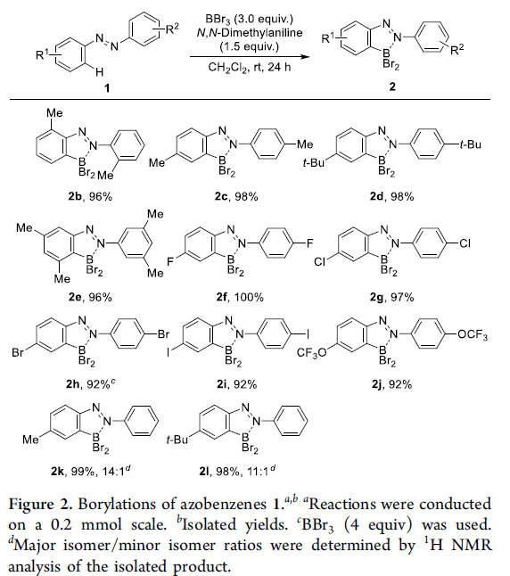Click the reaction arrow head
tap(304, 56)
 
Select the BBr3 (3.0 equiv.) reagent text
tap(249, 19)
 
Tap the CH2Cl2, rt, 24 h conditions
tap(250, 67)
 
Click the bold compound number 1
tap(107, 87)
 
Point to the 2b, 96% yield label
tap(90, 196)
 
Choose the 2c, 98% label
tap(236, 196)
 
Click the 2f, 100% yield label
tap(240, 297)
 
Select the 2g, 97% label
tap(391, 297)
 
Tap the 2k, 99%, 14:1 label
tap(90, 471)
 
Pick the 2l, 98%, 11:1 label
tap(237, 471)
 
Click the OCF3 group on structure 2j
tap(473, 335)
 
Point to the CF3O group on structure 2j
tap(311, 353)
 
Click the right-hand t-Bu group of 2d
tap(470, 144)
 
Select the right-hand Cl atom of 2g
tap(465, 243)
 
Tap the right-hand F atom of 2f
tap(310, 243)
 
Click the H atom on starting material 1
tap(99, 72)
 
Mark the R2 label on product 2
tap(457, 49)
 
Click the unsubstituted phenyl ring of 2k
tap(142, 421)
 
